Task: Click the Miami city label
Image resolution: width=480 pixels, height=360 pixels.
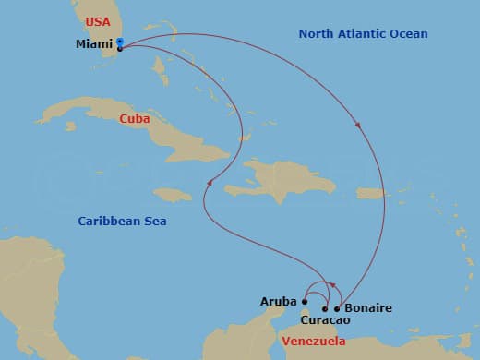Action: [94, 43]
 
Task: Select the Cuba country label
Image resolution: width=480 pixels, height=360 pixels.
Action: [135, 118]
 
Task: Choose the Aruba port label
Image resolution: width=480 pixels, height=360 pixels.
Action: [279, 301]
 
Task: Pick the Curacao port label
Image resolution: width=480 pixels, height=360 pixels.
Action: [327, 320]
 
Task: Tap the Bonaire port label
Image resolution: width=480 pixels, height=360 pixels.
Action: [367, 307]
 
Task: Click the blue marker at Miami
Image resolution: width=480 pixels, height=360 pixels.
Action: [121, 42]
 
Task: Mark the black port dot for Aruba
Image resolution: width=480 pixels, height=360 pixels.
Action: [305, 301]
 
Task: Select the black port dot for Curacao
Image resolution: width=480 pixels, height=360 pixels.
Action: [324, 308]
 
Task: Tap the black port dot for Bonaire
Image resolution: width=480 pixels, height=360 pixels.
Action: [337, 308]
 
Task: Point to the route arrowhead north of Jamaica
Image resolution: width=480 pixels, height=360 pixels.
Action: [210, 181]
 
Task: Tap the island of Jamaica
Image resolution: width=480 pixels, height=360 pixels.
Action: [173, 194]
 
